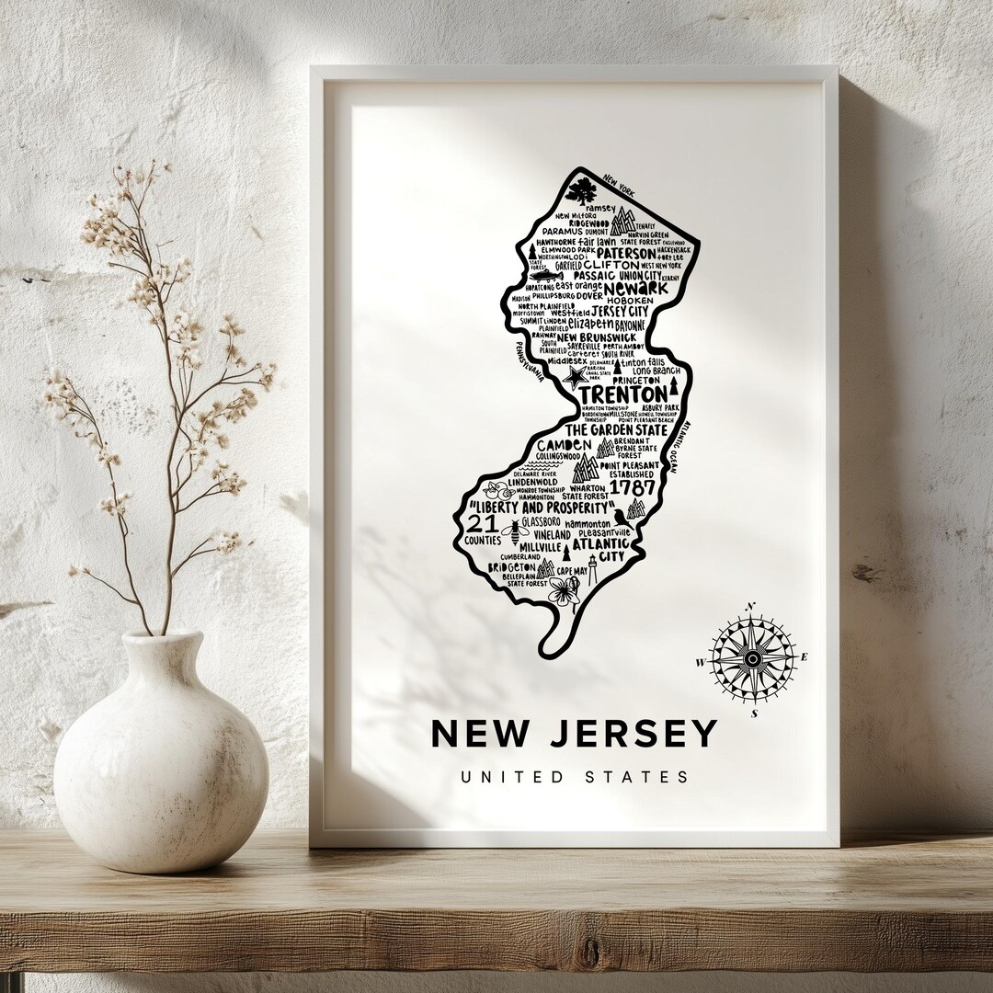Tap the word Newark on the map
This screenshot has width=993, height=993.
630,288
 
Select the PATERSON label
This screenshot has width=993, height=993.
625,253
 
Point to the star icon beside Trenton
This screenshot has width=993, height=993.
574,377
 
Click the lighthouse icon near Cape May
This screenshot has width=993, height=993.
592,570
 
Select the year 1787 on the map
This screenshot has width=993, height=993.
633,486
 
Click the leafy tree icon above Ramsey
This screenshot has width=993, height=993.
581,191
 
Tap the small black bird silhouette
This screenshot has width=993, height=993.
620,516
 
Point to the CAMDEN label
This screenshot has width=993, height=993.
565,445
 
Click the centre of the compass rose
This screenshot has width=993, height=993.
752,657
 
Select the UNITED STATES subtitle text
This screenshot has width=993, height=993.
575,777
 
